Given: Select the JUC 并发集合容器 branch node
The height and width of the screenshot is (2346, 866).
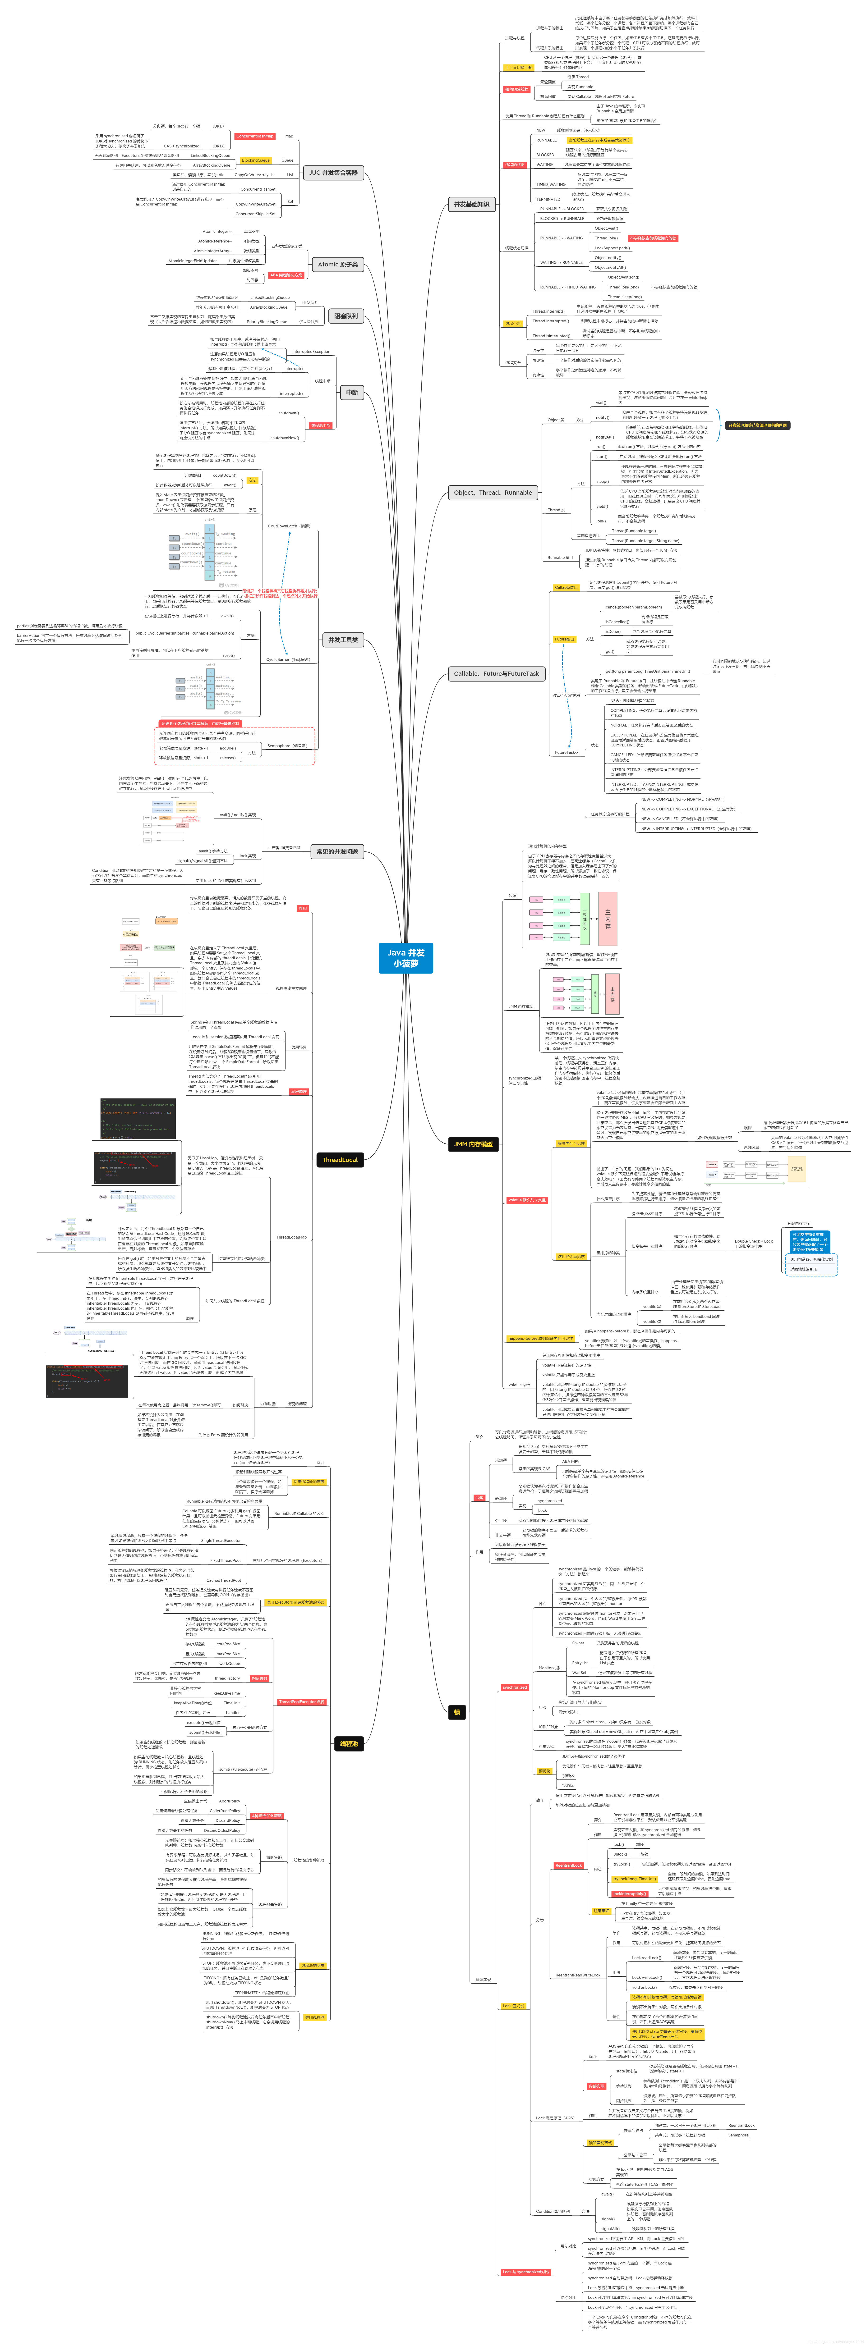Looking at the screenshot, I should click(x=333, y=172).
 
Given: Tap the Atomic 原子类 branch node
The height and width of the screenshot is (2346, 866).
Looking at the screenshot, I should click(x=338, y=264).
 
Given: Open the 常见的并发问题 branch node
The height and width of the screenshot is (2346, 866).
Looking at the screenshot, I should click(x=337, y=851).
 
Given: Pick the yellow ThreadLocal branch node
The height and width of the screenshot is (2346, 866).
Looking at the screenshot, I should click(x=340, y=1159).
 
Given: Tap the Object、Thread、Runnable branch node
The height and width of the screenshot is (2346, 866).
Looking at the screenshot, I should click(x=493, y=493).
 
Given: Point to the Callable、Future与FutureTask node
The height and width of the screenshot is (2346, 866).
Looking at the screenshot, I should click(x=496, y=674).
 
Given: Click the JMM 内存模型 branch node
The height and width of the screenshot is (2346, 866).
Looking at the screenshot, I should click(x=474, y=1144).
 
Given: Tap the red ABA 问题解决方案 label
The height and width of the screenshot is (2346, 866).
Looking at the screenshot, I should click(x=286, y=275).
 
